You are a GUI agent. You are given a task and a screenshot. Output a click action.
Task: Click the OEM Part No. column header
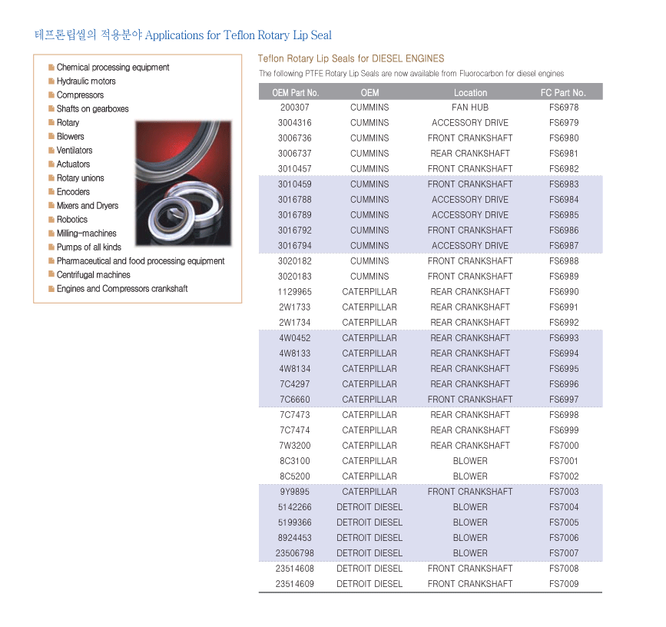[x=295, y=92]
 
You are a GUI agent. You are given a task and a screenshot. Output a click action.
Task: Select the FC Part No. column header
[x=563, y=92]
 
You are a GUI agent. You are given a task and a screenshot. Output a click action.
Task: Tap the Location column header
[x=470, y=92]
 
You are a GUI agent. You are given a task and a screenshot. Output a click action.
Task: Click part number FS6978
[x=564, y=108]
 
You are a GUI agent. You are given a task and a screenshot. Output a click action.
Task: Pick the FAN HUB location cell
[x=470, y=108]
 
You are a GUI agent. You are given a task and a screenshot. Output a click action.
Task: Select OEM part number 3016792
[x=295, y=231]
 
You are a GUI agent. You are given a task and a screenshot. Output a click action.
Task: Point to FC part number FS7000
[x=564, y=446]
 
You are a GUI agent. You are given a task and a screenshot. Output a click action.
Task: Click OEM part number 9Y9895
[x=295, y=492]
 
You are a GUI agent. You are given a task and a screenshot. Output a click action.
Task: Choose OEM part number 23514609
[x=295, y=584]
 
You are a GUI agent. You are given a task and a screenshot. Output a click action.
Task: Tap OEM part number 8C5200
[x=295, y=476]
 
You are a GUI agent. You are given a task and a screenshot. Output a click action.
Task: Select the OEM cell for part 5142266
[x=369, y=507]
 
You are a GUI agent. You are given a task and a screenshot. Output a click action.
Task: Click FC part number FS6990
[x=564, y=292]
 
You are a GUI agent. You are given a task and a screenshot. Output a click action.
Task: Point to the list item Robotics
[x=72, y=220]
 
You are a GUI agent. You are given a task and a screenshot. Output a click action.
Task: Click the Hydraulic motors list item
[x=86, y=81]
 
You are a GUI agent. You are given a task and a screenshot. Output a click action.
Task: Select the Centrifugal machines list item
[x=93, y=275]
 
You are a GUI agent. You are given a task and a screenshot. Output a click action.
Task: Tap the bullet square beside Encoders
[x=51, y=192]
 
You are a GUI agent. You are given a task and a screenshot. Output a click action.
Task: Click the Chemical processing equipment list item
[x=113, y=68]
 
